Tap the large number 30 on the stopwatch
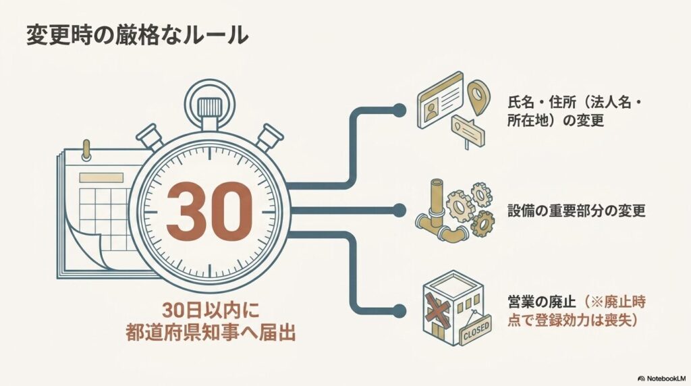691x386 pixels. pos(209,211)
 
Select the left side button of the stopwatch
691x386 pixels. pos(151,136)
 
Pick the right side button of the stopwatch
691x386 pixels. pos(269,136)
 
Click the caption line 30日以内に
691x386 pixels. pos(211,310)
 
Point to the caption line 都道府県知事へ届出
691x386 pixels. pos(211,332)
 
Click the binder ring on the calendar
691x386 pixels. pos(86,150)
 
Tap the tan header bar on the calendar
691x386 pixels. pos(101,177)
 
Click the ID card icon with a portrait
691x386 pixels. pos(441,100)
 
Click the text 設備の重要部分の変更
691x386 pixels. pos(576,211)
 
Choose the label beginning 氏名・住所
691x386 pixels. pos(574,112)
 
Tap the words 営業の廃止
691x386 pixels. pos(542,302)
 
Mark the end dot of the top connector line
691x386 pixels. pos(399,111)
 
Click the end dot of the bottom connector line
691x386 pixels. pos(399,310)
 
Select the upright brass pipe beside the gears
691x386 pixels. pos(437,200)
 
